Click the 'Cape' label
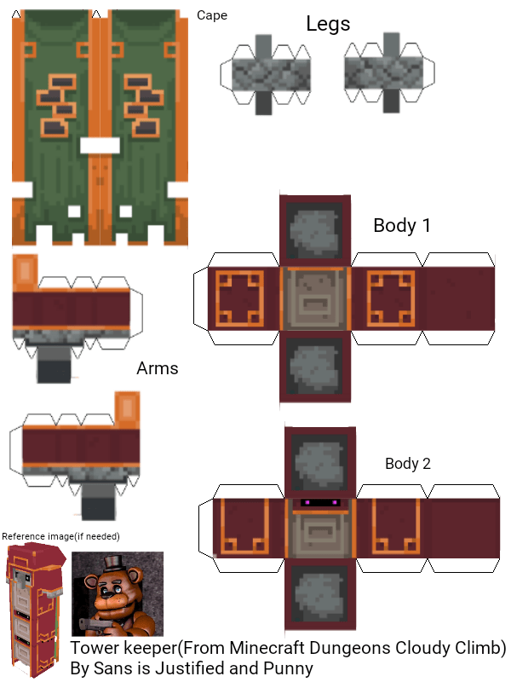click(x=212, y=15)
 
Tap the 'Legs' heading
click(x=328, y=24)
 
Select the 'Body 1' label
click(x=402, y=226)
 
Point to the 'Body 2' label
click(x=408, y=464)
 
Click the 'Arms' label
click(x=157, y=368)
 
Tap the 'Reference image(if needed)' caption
click(x=60, y=536)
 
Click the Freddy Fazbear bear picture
click(x=117, y=594)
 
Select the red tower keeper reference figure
click(x=32, y=607)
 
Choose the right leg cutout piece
click(x=388, y=72)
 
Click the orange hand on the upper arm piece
click(x=26, y=273)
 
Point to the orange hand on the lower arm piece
click(x=127, y=410)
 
